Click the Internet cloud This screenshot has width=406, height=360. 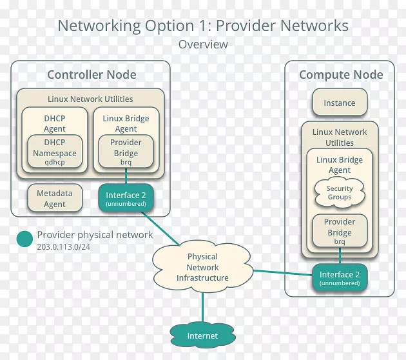pos(202,335)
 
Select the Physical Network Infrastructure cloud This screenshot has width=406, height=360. pos(202,267)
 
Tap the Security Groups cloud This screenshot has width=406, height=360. pos(340,193)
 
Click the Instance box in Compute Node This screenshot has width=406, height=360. pos(339,103)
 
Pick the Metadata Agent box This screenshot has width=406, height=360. pos(55,199)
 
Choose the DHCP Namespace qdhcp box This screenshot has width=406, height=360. pos(55,152)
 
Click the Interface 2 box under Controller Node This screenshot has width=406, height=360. pos(126,199)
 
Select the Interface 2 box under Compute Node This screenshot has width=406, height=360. pos(340,278)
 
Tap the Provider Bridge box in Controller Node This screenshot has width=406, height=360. pos(126,152)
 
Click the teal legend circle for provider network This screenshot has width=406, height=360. pos(24,239)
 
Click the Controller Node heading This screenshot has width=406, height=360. pos(92,75)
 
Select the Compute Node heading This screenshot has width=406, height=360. pos(341,75)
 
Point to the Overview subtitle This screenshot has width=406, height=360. pos(203,45)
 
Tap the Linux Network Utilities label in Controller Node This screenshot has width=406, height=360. pos(90,99)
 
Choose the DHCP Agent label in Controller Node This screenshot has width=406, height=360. pos(55,123)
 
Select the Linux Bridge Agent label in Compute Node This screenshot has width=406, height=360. pos(340,165)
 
